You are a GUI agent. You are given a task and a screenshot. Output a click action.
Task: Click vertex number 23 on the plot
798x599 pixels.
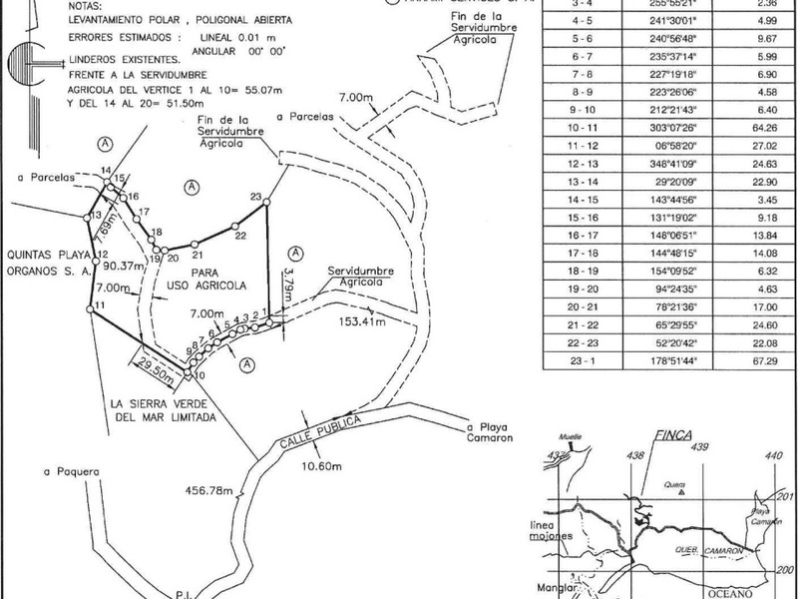pos(255,196)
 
